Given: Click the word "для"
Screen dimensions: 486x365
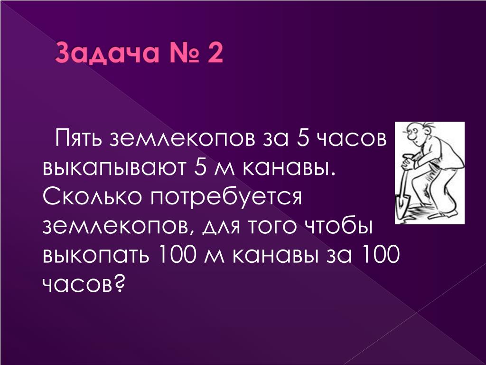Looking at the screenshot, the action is point(222,228).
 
